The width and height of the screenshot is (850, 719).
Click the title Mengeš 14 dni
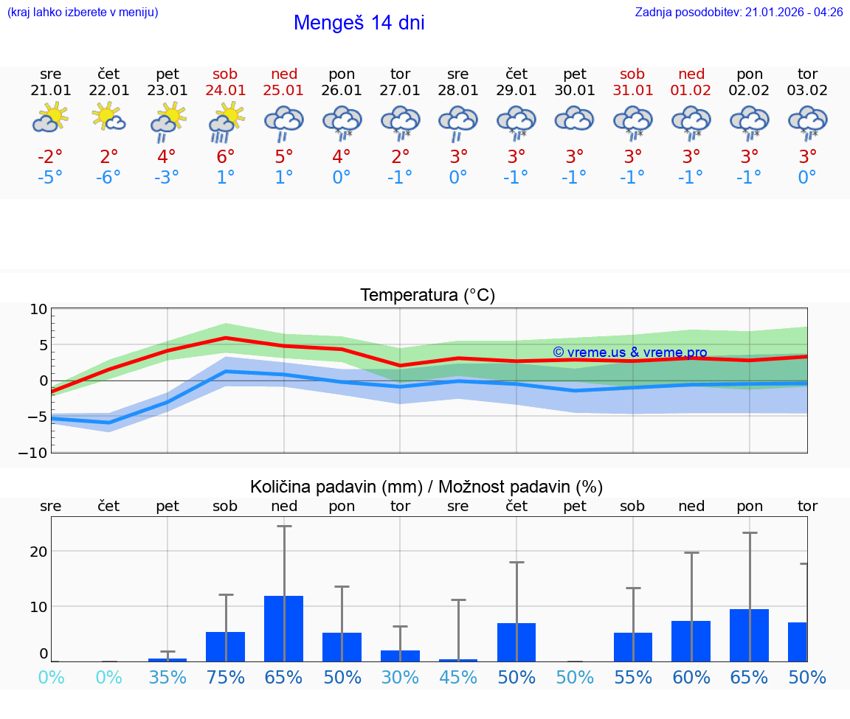point(359,23)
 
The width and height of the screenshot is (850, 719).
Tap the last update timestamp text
point(739,13)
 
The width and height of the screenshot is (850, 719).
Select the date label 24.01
point(225,91)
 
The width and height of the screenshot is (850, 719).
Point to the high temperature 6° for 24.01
point(225,156)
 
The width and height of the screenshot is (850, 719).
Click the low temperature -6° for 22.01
point(108,178)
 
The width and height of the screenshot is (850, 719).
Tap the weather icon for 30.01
point(574,119)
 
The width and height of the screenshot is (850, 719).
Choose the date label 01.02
point(691,91)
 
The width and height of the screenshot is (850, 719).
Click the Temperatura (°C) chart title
point(427,296)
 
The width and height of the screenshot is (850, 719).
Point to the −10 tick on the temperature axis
point(38,452)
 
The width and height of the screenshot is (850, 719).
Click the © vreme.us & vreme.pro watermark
point(629,352)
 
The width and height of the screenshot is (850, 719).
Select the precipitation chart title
point(426,487)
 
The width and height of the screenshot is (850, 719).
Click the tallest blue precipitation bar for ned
point(284,628)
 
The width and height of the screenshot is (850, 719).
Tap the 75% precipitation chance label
point(225,678)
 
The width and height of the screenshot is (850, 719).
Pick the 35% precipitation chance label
point(167,678)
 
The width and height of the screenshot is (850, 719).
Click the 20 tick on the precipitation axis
point(38,552)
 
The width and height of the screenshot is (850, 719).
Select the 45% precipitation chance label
point(458,678)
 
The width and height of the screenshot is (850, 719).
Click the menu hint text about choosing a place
point(83,13)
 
